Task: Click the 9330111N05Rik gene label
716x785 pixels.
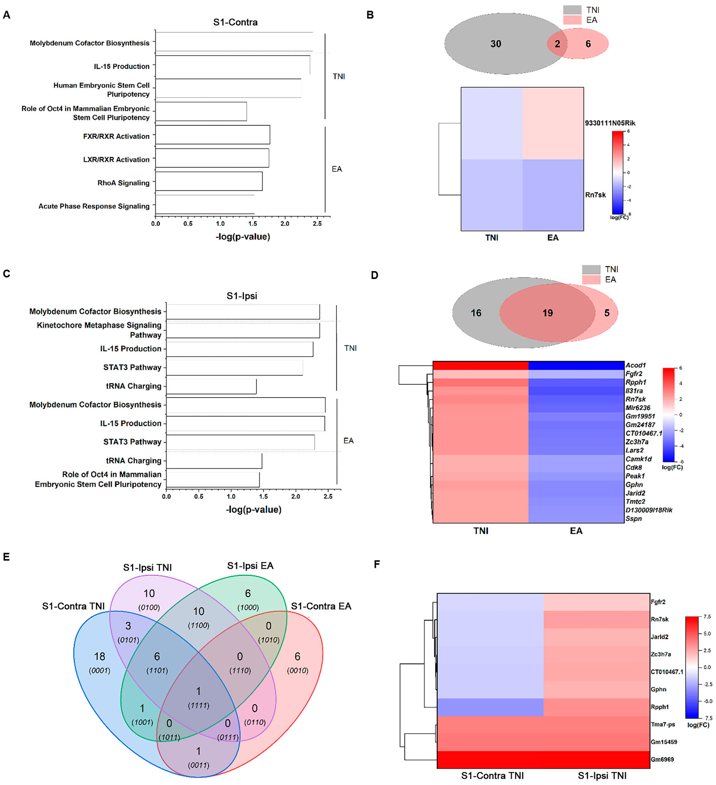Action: click(x=610, y=123)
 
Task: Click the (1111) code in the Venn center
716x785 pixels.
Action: click(x=199, y=705)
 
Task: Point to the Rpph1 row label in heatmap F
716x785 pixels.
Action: click(x=660, y=707)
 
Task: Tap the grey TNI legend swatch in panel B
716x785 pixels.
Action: click(x=572, y=10)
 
